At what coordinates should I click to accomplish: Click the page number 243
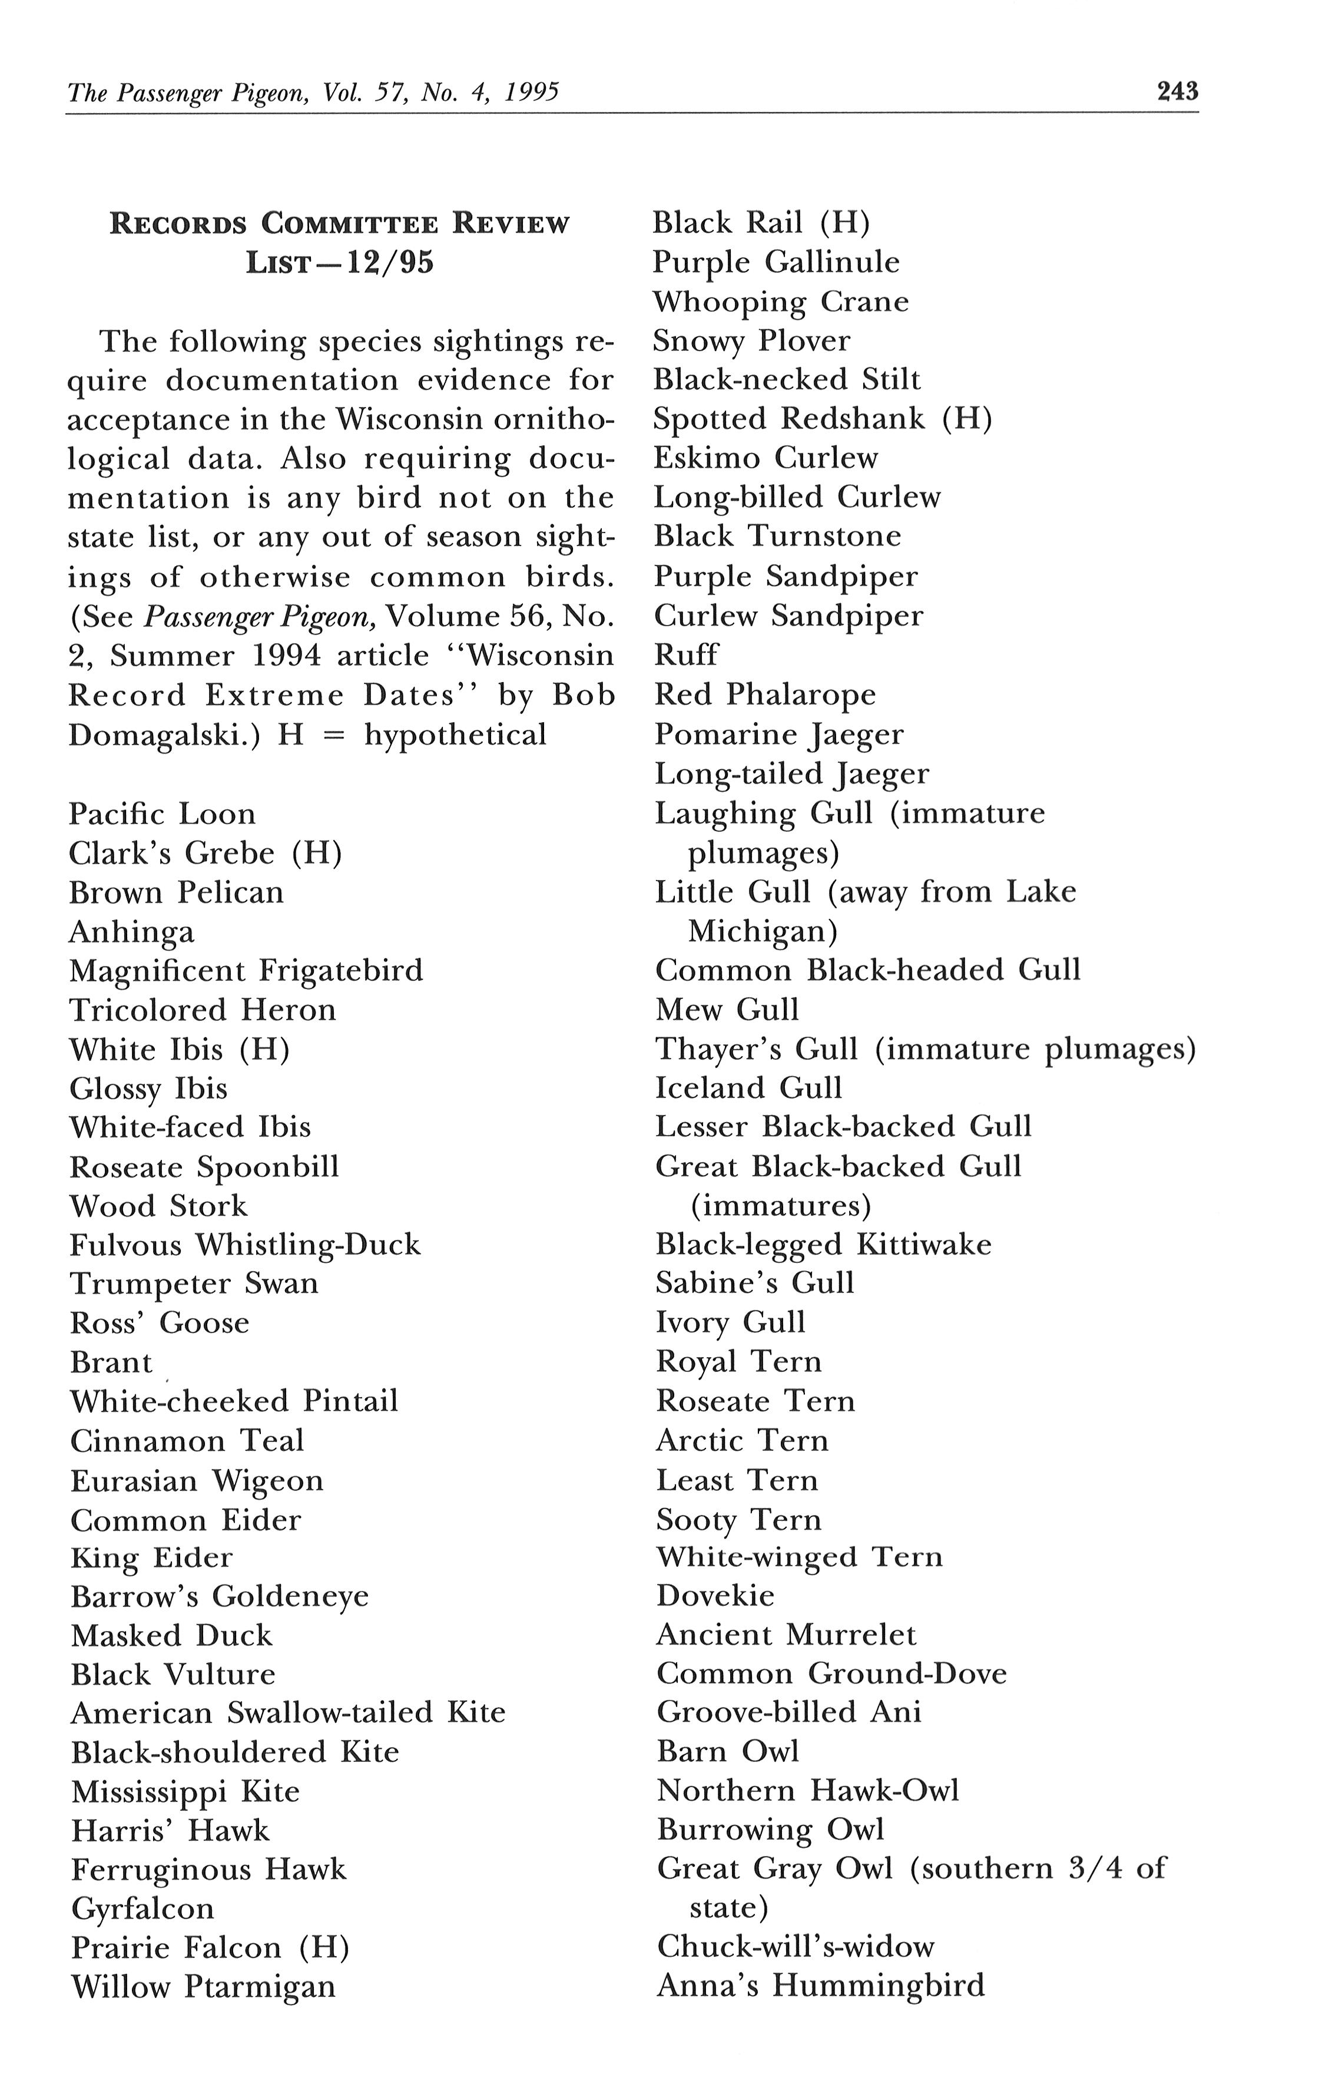point(1177,91)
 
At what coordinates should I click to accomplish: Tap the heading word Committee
point(353,224)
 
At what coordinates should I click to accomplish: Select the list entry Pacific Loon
point(162,813)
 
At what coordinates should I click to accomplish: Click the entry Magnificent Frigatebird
point(246,970)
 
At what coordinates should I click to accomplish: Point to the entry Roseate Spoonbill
point(204,1166)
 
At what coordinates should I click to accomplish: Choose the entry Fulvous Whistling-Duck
point(244,1245)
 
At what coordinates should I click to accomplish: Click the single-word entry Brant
point(111,1362)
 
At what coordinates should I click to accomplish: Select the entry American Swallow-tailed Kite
point(287,1713)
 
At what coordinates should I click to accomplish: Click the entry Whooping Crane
point(780,302)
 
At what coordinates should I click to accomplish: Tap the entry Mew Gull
point(726,1009)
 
